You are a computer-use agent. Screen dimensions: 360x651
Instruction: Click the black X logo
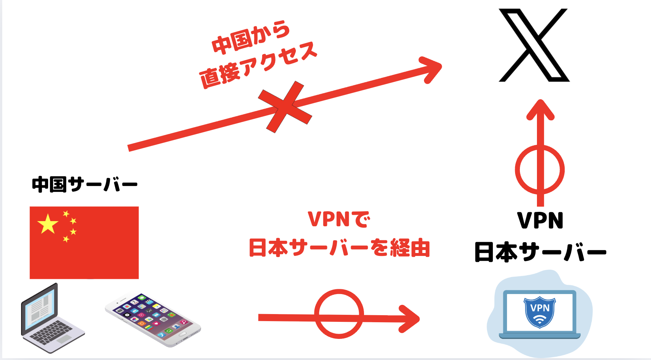534,45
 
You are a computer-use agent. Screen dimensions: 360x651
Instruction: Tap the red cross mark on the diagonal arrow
285,107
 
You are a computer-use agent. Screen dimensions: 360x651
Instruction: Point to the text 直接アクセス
258,66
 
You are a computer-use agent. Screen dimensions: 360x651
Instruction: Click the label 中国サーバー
84,184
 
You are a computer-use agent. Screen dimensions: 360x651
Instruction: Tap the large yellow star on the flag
48,224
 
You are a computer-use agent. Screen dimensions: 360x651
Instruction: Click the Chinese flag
84,243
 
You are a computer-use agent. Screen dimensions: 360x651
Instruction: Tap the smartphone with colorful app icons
153,319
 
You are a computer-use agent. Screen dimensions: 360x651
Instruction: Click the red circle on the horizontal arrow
339,314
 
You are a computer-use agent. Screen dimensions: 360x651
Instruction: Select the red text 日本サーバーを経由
339,248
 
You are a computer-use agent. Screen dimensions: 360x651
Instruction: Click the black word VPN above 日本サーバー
540,221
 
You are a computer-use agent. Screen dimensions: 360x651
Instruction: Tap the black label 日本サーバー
540,252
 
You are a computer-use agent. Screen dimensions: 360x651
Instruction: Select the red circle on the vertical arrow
540,170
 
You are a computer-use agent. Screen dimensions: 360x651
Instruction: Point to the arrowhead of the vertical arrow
540,110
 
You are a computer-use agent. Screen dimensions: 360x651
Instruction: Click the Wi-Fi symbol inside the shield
540,320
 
